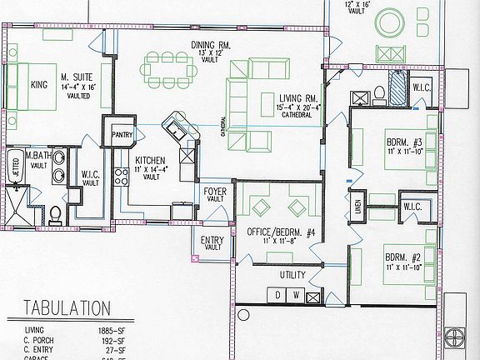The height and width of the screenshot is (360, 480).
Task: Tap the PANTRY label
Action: [122, 133]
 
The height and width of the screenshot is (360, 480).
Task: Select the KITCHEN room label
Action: [150, 160]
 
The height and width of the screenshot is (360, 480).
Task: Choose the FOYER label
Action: [215, 192]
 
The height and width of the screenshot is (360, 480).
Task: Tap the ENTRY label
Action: [212, 242]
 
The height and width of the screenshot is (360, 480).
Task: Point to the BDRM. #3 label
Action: [406, 142]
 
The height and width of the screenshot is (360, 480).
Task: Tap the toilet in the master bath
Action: [55, 217]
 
